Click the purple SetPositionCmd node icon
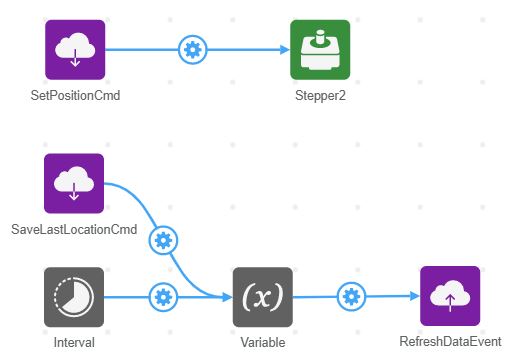[x=75, y=50]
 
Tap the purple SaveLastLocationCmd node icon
[x=75, y=184]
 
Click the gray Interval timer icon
[x=75, y=297]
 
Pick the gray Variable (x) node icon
[x=263, y=297]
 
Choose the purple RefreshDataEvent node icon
[x=450, y=296]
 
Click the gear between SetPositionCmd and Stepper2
[x=192, y=49]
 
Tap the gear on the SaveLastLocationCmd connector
[x=163, y=239]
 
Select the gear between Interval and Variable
[x=163, y=297]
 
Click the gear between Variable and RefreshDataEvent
[x=350, y=297]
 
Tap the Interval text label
[x=75, y=343]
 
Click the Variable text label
[x=263, y=343]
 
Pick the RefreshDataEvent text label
[x=450, y=343]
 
